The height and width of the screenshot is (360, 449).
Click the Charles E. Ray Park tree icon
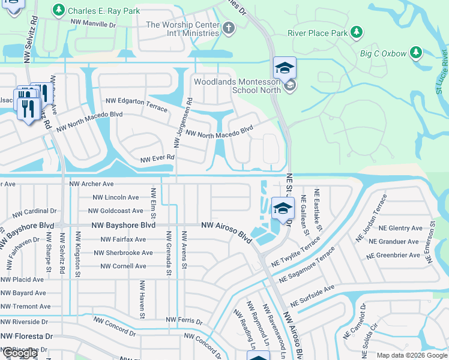[x=58, y=10]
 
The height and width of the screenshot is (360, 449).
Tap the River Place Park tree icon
[x=357, y=32]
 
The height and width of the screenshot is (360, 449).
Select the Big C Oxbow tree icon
[x=415, y=53]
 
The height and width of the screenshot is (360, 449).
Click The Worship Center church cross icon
[x=228, y=28]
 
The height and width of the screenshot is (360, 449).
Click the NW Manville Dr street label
[x=93, y=25]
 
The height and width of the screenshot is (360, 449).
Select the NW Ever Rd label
[x=157, y=159]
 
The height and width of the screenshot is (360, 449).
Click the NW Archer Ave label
[x=91, y=184]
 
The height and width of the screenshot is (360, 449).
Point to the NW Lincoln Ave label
[x=116, y=197]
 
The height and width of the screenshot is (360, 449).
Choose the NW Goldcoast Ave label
[x=116, y=211]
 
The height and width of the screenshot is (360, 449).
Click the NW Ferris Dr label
[x=184, y=320]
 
